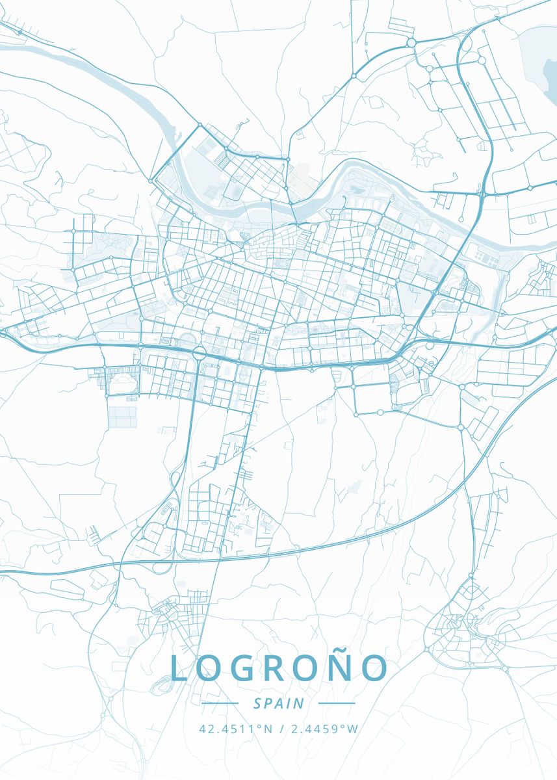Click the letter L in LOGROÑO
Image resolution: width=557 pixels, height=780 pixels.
pyautogui.click(x=179, y=669)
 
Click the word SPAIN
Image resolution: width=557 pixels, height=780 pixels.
pyautogui.click(x=279, y=703)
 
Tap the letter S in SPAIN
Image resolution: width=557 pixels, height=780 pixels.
pyautogui.click(x=257, y=703)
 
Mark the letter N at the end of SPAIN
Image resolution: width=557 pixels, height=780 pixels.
pyautogui.click(x=300, y=703)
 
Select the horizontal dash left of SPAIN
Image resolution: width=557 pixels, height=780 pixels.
pyautogui.click(x=220, y=703)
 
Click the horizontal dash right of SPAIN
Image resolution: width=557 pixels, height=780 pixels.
pyautogui.click(x=337, y=703)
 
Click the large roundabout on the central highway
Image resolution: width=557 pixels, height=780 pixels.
pyautogui.click(x=199, y=353)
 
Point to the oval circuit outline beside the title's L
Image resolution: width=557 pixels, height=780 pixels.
pyautogui.click(x=160, y=685)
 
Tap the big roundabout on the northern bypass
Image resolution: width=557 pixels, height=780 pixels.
pyautogui.click(x=411, y=43)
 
